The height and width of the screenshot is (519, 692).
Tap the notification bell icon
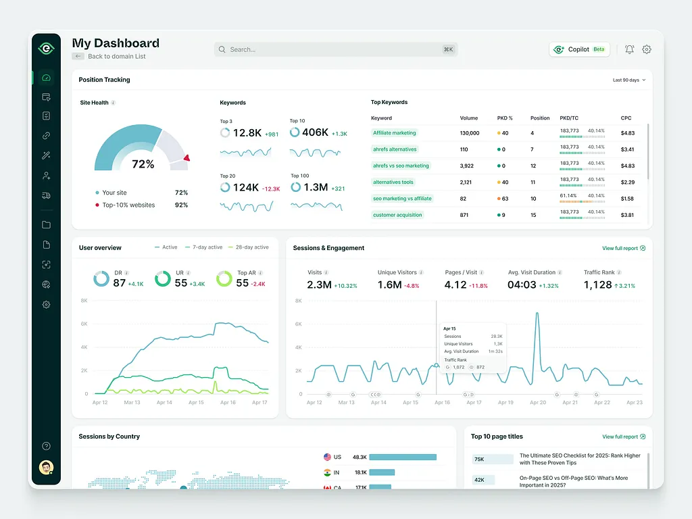click(x=629, y=49)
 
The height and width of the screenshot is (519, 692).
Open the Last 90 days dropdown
click(x=628, y=80)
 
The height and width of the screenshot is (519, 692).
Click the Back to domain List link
click(x=116, y=56)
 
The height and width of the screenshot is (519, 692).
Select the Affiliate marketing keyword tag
click(x=395, y=133)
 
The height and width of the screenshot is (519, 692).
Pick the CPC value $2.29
click(x=627, y=182)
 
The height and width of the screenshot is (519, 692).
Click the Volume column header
click(x=469, y=118)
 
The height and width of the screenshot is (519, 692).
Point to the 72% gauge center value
click(x=143, y=164)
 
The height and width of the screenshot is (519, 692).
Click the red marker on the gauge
click(x=187, y=158)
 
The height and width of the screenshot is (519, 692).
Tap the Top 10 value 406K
click(x=315, y=133)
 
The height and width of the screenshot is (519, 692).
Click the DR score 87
click(x=120, y=283)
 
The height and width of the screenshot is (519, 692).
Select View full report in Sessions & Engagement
click(x=623, y=248)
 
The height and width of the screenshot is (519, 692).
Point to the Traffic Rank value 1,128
click(x=597, y=285)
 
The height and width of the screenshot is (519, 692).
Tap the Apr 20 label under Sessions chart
click(x=538, y=403)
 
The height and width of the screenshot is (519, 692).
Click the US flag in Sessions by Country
click(x=328, y=457)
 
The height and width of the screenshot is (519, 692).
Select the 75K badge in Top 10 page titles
click(x=479, y=460)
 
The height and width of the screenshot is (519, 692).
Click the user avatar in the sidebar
click(x=46, y=468)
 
